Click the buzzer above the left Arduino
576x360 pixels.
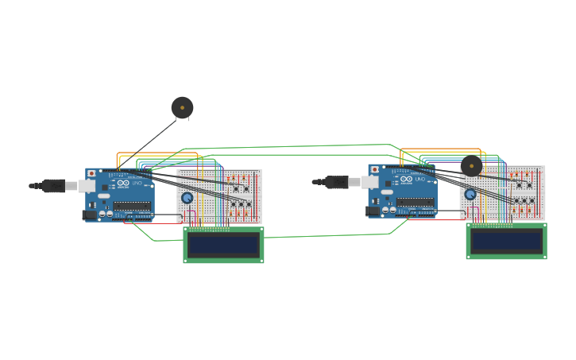[x=182, y=107]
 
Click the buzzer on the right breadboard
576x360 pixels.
[x=471, y=166]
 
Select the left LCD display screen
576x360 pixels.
[x=223, y=244]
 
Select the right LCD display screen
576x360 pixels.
[x=506, y=240]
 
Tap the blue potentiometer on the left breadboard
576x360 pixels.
[x=187, y=198]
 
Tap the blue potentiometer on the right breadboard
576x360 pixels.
[x=470, y=194]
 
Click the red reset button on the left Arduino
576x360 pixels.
[x=91, y=173]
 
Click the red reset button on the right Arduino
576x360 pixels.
[x=374, y=169]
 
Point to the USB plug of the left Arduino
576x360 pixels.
[x=53, y=186]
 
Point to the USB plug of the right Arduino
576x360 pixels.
[x=336, y=182]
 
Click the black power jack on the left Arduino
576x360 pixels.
[x=89, y=215]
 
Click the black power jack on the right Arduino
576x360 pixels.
[x=372, y=211]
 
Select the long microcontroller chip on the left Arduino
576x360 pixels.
[x=132, y=206]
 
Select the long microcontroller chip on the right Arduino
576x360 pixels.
[x=415, y=202]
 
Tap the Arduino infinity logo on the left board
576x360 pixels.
[x=123, y=184]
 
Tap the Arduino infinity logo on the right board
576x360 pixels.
[x=406, y=180]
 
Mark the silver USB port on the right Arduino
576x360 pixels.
[x=369, y=182]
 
